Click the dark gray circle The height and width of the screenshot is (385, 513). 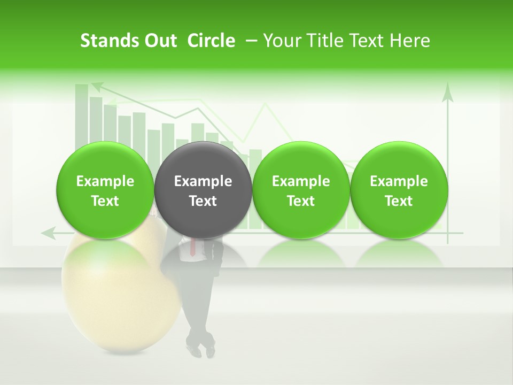[x=203, y=190]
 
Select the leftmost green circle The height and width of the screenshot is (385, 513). [x=105, y=190]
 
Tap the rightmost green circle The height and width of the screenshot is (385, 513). [x=399, y=190]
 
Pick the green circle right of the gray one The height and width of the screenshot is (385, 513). [x=301, y=190]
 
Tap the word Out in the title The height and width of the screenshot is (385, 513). [x=158, y=41]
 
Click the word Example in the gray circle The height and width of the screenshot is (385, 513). [x=203, y=181]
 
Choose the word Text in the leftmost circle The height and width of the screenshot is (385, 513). [x=105, y=201]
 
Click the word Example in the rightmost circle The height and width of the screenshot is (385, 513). [x=399, y=181]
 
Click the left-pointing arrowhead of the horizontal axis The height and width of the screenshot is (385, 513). [x=48, y=233]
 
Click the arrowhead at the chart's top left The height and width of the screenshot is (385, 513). [x=97, y=86]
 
